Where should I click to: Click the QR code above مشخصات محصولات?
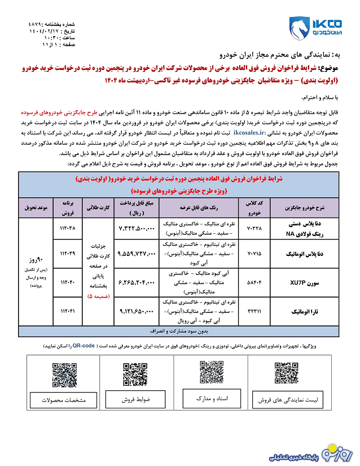(64, 375)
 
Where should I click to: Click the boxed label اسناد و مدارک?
(210, 398)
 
